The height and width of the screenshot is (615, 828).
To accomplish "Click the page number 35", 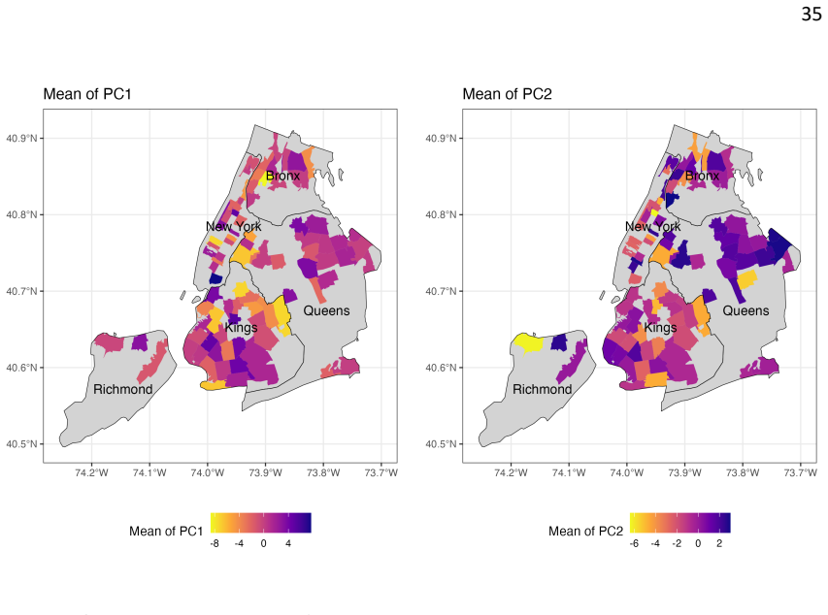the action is (811, 14).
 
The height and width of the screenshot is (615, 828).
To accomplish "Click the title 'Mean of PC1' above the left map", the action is (87, 94).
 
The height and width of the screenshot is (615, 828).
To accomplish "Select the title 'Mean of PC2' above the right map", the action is (507, 94).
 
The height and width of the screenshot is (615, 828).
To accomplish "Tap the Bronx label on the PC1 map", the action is (282, 176).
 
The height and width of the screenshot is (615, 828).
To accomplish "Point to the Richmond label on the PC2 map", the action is (542, 389).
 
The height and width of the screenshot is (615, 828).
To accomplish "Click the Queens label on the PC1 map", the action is (326, 310).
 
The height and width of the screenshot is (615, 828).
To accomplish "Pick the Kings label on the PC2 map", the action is (660, 327).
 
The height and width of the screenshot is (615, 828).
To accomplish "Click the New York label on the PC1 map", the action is (233, 226).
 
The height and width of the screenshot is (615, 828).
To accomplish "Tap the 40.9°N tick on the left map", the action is (21, 139).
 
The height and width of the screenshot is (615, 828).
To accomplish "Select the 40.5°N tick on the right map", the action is (441, 444).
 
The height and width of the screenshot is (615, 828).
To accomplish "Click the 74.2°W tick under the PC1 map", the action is (91, 472).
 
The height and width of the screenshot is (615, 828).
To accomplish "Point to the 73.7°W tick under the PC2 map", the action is (801, 472).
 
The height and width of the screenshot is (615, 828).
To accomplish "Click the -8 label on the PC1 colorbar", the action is (215, 543).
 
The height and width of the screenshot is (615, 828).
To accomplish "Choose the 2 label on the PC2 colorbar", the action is (719, 543).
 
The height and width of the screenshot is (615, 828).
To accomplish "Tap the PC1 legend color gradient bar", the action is (261, 523).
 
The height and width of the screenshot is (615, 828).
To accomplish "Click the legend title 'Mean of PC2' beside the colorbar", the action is (585, 531).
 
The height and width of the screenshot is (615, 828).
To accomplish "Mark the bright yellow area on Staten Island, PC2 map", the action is (528, 342).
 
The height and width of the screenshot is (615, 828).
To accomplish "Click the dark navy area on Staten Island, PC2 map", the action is (559, 342).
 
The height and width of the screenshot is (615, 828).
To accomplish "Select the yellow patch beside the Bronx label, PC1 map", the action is (262, 178).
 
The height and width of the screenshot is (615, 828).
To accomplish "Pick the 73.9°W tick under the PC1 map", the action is (265, 472).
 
